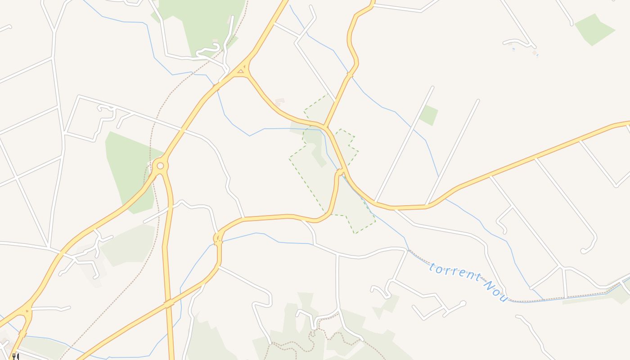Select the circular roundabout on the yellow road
[160, 166]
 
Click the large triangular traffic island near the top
[241, 70]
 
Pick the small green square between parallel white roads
[428, 115]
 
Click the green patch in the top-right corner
[594, 29]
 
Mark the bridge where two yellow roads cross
[169, 304]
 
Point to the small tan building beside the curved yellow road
[280, 102]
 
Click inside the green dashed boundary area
[315, 180]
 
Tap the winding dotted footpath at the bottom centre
[292, 346]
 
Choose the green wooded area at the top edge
[202, 22]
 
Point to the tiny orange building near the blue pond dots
[534, 53]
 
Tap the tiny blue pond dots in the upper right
[513, 49]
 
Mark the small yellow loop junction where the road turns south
[218, 238]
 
